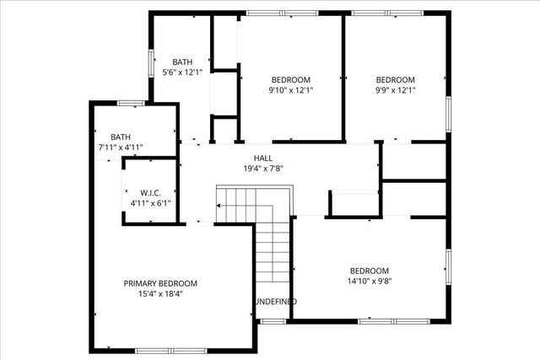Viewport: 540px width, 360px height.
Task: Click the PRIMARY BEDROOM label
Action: (160, 283)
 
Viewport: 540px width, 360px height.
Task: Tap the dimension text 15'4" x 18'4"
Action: (160, 294)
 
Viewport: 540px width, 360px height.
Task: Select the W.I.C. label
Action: (151, 191)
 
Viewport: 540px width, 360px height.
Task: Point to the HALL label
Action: (262, 158)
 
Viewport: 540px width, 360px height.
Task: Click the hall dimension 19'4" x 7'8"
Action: (262, 169)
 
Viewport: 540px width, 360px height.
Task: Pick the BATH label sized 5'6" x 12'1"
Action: (183, 62)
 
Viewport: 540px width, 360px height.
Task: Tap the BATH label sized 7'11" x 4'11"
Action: (121, 137)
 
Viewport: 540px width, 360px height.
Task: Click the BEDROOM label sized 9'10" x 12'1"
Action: (289, 79)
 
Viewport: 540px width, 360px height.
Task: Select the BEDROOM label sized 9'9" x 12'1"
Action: (396, 79)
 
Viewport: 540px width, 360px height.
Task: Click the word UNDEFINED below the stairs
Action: (275, 302)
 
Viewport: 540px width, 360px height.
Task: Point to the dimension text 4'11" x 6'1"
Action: (151, 202)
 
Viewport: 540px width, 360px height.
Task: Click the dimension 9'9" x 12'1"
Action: (396, 90)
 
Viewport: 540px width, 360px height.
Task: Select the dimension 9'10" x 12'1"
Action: (289, 90)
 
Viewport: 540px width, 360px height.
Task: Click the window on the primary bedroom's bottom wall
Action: (160, 350)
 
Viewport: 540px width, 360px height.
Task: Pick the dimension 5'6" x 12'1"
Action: (183, 73)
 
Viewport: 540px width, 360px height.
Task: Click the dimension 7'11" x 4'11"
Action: (121, 148)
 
